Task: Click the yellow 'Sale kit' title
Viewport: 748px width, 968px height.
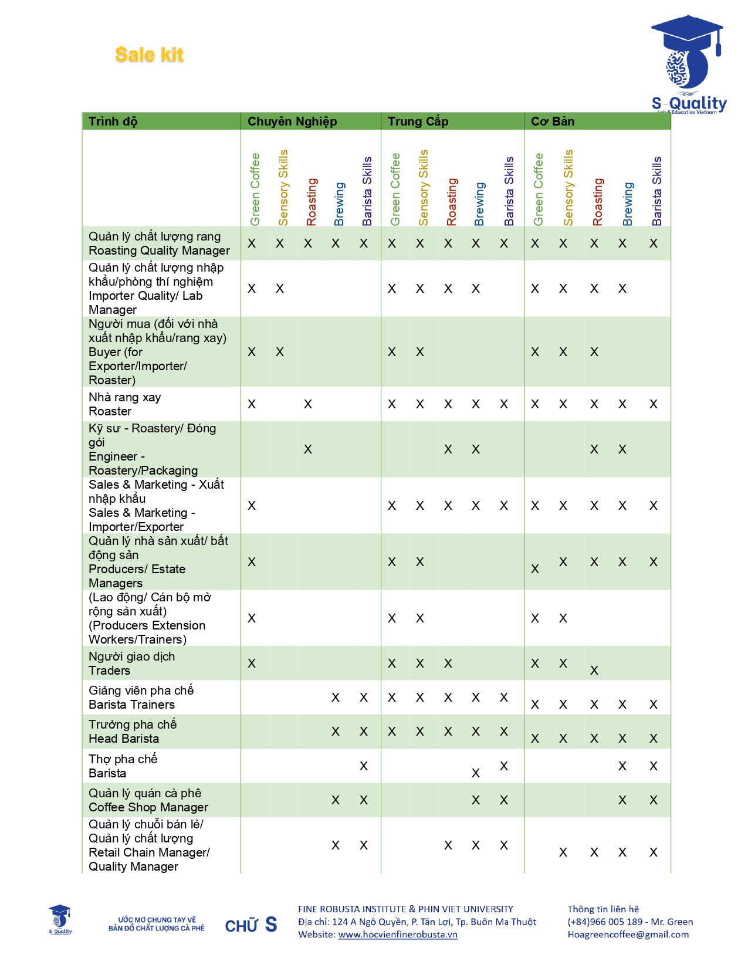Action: [x=149, y=55]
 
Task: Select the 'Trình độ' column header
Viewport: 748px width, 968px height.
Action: [x=113, y=121]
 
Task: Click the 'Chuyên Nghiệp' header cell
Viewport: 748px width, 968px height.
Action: [x=292, y=121]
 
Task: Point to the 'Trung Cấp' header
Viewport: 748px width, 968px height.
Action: [x=418, y=121]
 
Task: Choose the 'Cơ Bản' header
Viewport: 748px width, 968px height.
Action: [x=552, y=121]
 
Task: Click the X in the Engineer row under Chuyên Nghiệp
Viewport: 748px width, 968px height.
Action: [x=308, y=449]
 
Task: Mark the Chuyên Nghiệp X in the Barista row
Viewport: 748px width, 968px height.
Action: [x=364, y=766]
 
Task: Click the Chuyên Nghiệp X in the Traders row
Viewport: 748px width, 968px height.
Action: [x=252, y=664]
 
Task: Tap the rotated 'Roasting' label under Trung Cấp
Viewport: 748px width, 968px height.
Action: [x=451, y=202]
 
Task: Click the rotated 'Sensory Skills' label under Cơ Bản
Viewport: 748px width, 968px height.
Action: [x=568, y=188]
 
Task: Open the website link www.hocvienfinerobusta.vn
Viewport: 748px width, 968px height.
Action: [x=398, y=935]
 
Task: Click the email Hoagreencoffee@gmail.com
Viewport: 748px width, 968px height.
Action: [x=628, y=935]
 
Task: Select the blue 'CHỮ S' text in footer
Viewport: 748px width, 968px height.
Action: [x=251, y=925]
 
